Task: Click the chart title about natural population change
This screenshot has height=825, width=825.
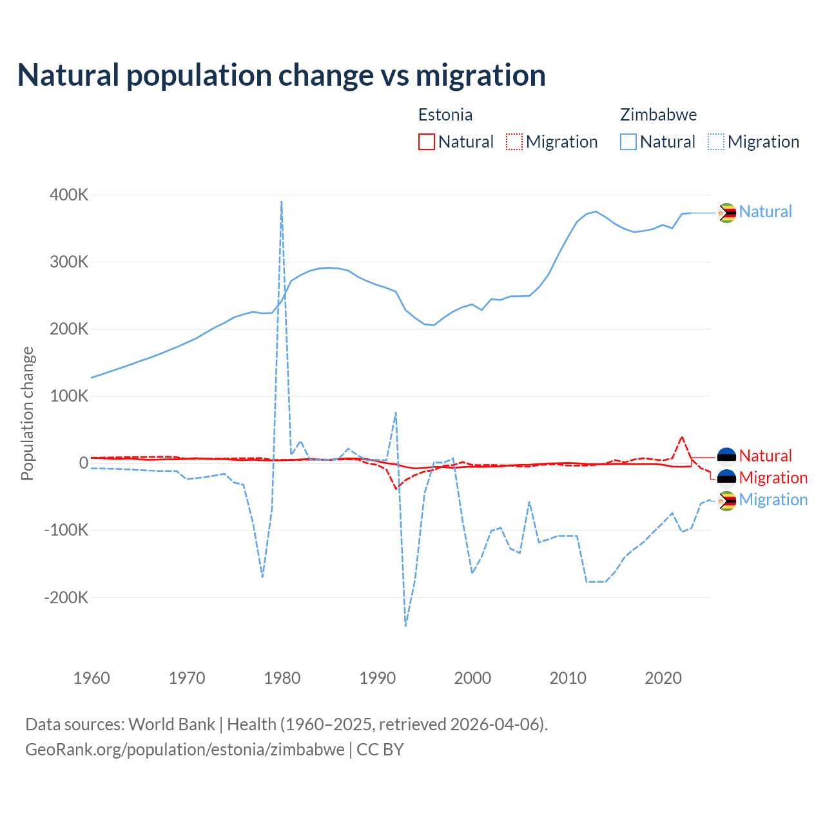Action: [282, 75]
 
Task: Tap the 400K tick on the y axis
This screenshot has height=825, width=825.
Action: [69, 195]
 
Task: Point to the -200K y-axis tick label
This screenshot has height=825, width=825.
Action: [66, 597]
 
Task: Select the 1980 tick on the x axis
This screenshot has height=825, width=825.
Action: [282, 678]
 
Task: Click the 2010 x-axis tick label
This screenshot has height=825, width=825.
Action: [568, 678]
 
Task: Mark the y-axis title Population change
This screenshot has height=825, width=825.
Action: [27, 414]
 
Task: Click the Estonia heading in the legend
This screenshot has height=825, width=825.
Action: [445, 115]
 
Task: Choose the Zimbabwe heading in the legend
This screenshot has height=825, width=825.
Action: [658, 115]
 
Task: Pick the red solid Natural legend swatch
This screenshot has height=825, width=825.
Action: [427, 142]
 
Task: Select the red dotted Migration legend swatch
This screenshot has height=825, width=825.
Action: [514, 142]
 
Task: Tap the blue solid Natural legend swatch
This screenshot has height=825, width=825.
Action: [628, 142]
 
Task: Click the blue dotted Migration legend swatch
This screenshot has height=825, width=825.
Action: [716, 142]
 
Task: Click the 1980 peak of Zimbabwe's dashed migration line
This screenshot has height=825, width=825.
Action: [282, 202]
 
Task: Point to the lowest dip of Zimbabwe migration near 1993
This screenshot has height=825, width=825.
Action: [405, 625]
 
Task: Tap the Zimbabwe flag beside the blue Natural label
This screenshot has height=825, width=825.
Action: [727, 212]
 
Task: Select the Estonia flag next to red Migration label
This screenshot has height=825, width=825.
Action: [727, 478]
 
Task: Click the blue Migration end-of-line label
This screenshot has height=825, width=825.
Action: [773, 500]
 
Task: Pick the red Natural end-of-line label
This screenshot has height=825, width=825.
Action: [765, 456]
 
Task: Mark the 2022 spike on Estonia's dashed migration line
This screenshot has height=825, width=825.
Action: [682, 436]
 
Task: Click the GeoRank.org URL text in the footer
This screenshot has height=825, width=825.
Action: [185, 750]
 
